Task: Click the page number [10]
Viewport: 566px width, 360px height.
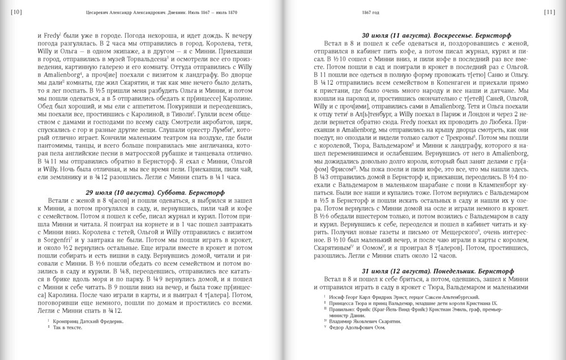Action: point(16,12)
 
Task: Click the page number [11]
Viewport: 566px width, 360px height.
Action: point(549,12)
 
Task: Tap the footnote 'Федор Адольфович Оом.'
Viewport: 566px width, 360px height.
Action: point(362,327)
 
